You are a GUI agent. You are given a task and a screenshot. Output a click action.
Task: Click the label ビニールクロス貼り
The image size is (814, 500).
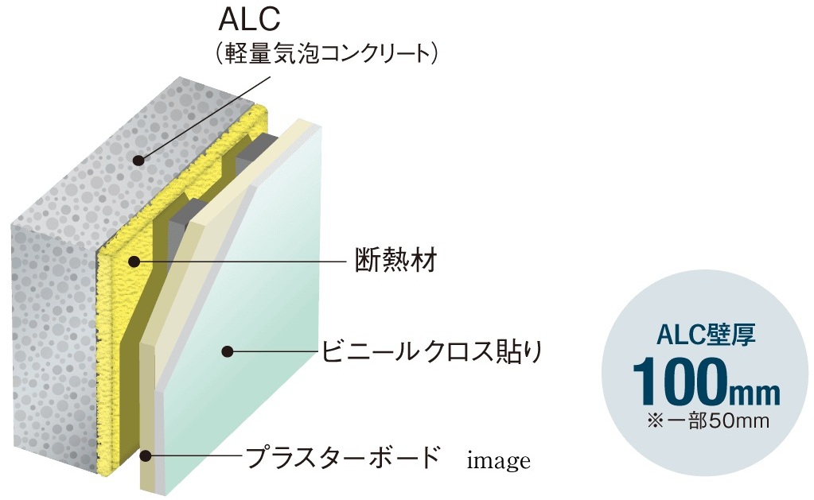(432, 351)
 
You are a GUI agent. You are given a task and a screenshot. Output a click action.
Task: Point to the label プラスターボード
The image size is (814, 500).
(343, 456)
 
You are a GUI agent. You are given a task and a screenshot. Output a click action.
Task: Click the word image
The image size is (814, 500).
(498, 460)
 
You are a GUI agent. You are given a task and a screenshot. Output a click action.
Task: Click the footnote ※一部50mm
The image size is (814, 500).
(708, 421)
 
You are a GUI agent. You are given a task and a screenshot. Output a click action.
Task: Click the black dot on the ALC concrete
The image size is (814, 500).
(138, 161)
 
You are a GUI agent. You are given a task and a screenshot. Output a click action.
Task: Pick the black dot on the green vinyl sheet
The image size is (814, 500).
(226, 351)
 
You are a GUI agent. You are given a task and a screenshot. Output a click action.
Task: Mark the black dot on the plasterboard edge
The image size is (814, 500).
(146, 456)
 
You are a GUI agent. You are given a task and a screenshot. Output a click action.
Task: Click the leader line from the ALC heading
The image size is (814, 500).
(204, 118)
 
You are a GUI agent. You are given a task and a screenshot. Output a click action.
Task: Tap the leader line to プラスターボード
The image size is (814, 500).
(195, 456)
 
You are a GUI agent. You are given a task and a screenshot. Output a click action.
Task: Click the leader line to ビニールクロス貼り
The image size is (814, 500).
(271, 351)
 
